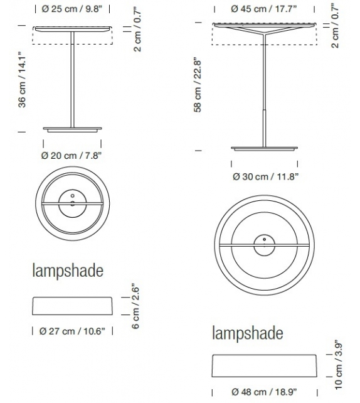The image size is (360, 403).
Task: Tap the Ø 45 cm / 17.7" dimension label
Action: tap(264, 9)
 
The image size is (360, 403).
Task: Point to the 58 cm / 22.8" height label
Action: tap(198, 85)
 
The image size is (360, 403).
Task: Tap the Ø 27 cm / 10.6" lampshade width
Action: tap(71, 330)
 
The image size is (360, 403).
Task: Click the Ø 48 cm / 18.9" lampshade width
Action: tap(265, 392)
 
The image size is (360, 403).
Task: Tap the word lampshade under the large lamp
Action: tap(247, 332)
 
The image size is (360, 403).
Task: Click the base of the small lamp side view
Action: tap(72, 129)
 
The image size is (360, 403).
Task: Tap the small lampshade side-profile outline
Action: tap(72, 306)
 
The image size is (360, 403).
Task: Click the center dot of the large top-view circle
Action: tap(264, 239)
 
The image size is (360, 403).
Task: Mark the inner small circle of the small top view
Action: tap(72, 203)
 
